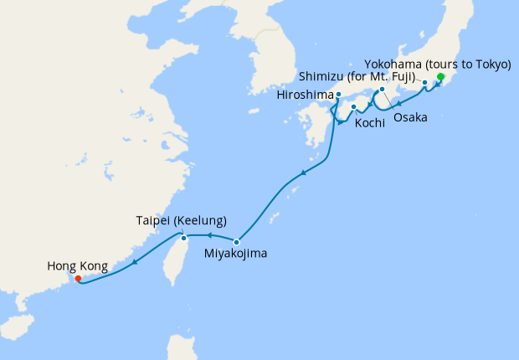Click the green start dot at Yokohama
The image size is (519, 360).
tap(441, 80)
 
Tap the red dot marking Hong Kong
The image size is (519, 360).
tap(78, 278)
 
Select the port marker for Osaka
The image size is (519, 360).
tap(382, 90)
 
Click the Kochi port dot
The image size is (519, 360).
tap(354, 107)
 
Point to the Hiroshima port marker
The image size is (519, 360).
tap(338, 95)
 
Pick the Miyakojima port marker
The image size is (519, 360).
tap(237, 242)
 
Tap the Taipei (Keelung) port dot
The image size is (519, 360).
tap(184, 238)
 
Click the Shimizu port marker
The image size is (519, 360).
tap(425, 82)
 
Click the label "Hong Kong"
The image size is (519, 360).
tap(77, 266)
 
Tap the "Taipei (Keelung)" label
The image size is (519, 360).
tap(181, 221)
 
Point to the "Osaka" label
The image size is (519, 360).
tap(410, 118)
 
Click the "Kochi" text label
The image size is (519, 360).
tap(370, 123)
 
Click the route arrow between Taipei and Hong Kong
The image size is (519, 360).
tap(134, 260)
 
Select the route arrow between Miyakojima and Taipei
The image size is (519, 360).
tap(209, 236)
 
